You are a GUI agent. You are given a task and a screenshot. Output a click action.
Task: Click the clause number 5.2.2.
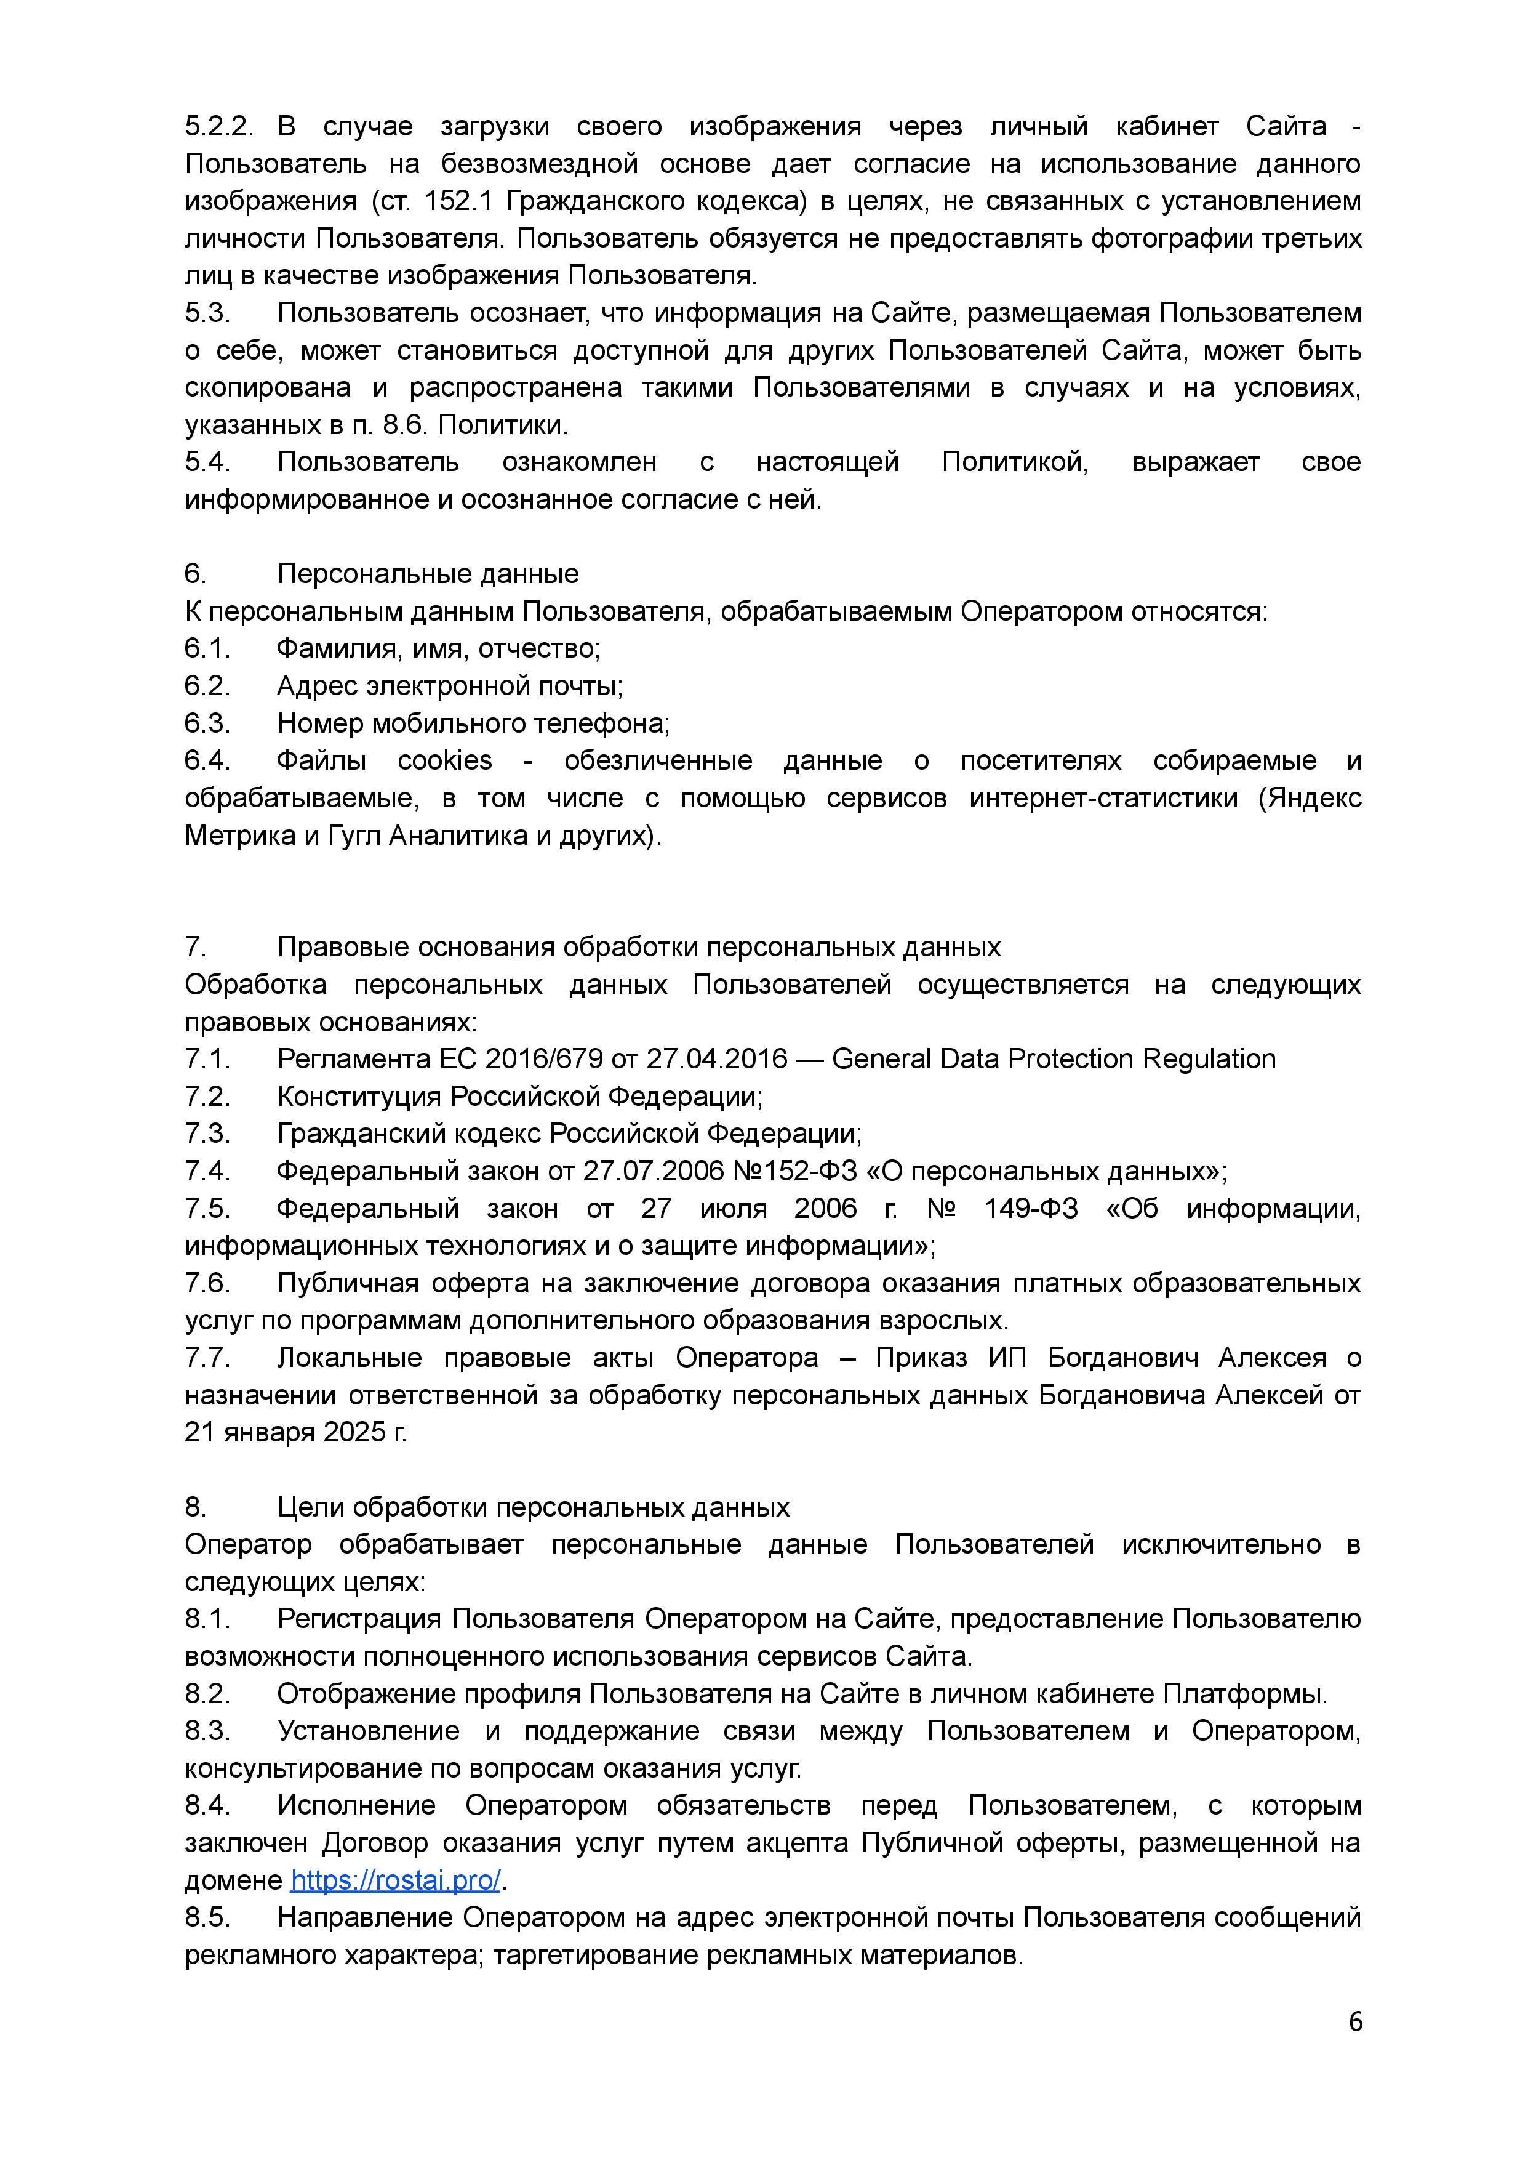[219, 126]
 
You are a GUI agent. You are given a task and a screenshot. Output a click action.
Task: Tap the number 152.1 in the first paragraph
[459, 201]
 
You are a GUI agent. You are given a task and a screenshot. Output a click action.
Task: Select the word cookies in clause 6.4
[445, 760]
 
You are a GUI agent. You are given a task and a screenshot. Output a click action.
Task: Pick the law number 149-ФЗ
[1031, 1209]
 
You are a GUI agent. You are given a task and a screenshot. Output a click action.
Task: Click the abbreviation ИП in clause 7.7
[1007, 1357]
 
